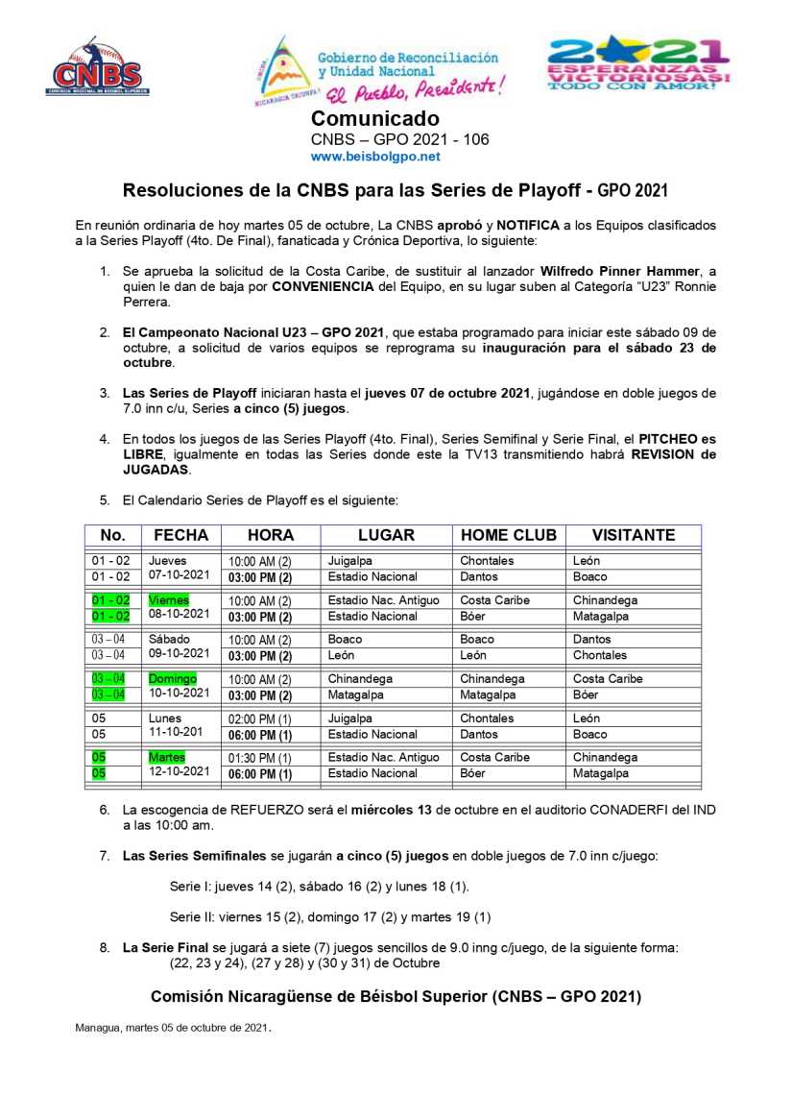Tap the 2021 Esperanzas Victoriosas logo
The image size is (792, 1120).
coord(638,63)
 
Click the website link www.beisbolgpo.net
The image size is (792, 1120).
coord(375,156)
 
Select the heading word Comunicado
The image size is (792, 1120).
coord(375,119)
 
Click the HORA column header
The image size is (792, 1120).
coord(271,536)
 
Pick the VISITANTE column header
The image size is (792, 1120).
coord(633,536)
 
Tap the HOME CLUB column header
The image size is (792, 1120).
coord(509,536)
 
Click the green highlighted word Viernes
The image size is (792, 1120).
coord(169,600)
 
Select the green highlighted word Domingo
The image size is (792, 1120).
coord(173,679)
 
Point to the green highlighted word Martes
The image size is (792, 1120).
coord(167,758)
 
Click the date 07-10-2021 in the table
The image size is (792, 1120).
coord(180,576)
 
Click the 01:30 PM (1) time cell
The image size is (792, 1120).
coord(258,758)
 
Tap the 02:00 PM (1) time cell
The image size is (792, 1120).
coord(258,718)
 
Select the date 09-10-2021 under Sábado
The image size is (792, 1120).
coord(180,655)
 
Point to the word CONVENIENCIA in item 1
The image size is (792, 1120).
coord(328,287)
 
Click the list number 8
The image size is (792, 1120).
coord(105,948)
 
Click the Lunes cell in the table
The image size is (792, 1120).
coord(165,718)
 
